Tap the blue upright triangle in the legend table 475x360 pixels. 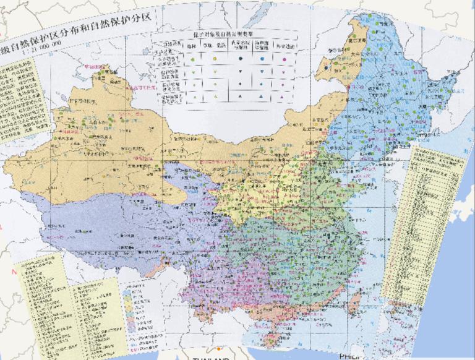click(x=262, y=96)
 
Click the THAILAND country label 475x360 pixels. click(x=210, y=358)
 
